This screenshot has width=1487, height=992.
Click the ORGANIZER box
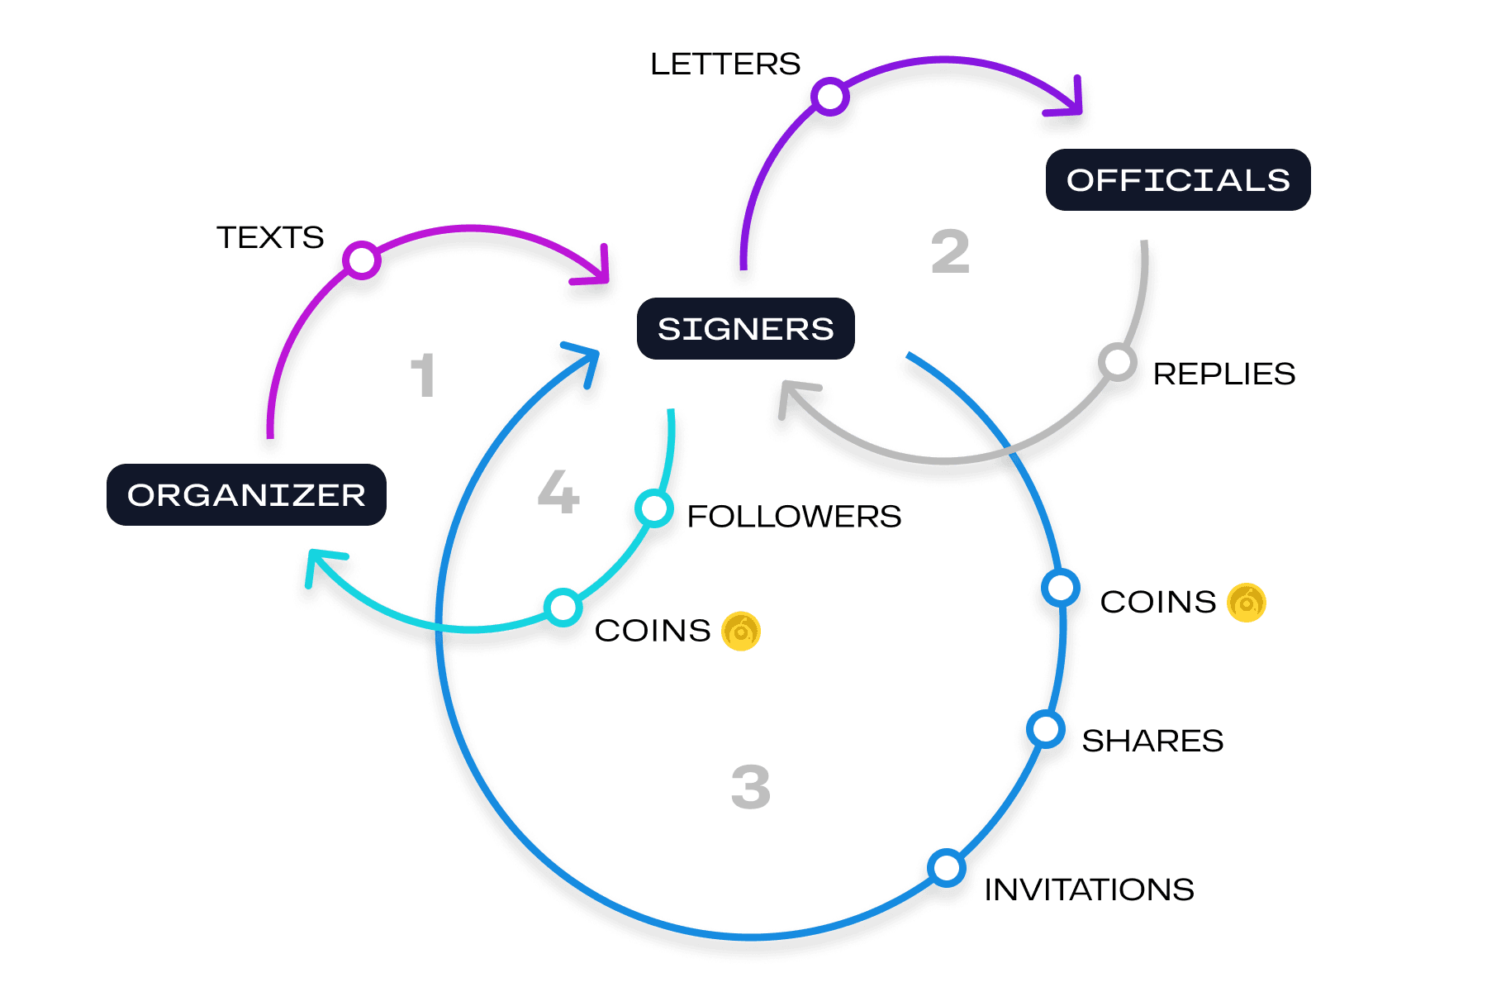[x=246, y=494]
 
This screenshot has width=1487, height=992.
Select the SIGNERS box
[x=745, y=328]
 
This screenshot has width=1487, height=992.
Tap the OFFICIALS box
[x=1178, y=179]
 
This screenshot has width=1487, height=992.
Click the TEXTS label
[x=270, y=237]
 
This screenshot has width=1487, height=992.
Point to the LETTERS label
[x=725, y=64]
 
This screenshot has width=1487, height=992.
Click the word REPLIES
[x=1223, y=374]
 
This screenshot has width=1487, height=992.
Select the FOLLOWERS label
[x=794, y=517]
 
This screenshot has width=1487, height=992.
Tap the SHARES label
[x=1152, y=741]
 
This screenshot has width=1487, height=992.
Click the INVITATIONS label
[x=1089, y=889]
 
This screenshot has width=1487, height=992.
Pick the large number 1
[x=423, y=375]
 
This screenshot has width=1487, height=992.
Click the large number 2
[x=950, y=252]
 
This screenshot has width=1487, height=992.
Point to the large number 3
[x=750, y=787]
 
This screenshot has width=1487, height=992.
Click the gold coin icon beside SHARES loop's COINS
[x=1246, y=602]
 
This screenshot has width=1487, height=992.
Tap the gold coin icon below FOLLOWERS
[x=741, y=632]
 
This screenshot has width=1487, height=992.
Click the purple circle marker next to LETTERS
[x=829, y=96]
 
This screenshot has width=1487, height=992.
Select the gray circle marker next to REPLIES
[x=1117, y=361]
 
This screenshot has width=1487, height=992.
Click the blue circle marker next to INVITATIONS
[x=946, y=867]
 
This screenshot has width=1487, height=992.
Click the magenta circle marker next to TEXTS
[x=361, y=260]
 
